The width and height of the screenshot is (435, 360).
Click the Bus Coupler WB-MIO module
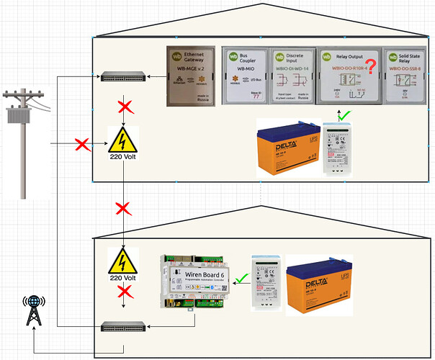(x=245, y=77)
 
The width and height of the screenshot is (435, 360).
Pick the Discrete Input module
(x=292, y=77)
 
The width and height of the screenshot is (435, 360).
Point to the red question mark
(x=371, y=69)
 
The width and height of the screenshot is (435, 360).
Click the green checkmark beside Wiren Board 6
(x=242, y=278)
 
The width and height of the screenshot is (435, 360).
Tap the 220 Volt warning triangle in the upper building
(x=125, y=140)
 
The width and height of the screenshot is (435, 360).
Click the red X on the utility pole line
(x=80, y=144)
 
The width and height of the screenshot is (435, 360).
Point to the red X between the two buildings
(x=123, y=209)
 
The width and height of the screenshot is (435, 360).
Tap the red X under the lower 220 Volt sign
(x=123, y=292)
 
